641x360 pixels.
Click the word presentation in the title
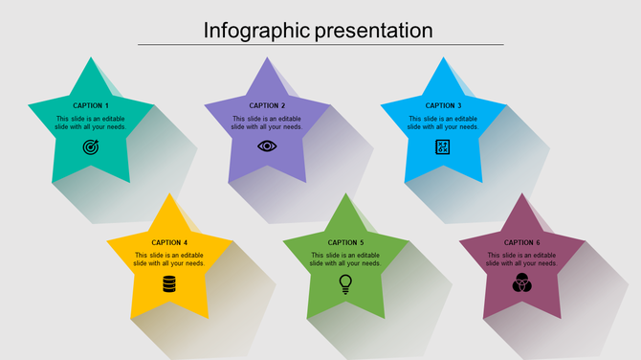coord(375,31)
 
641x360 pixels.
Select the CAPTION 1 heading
coord(91,105)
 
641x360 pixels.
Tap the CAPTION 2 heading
coord(267,105)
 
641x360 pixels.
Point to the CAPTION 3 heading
coord(443,105)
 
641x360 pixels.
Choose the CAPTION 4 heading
coord(169,242)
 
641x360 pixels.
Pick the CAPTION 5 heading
coord(345,242)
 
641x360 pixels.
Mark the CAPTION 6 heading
coord(521,242)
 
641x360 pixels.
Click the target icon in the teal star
coord(91,146)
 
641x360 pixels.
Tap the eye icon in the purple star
coord(267,146)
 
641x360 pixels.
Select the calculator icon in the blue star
coord(443,146)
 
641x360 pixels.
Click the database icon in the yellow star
coord(169,283)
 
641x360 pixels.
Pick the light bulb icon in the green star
coord(345,283)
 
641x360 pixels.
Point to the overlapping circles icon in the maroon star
coord(521,283)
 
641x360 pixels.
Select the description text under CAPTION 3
coord(443,123)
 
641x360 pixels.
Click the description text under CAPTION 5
coord(345,259)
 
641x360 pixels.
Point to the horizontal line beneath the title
coord(320,44)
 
